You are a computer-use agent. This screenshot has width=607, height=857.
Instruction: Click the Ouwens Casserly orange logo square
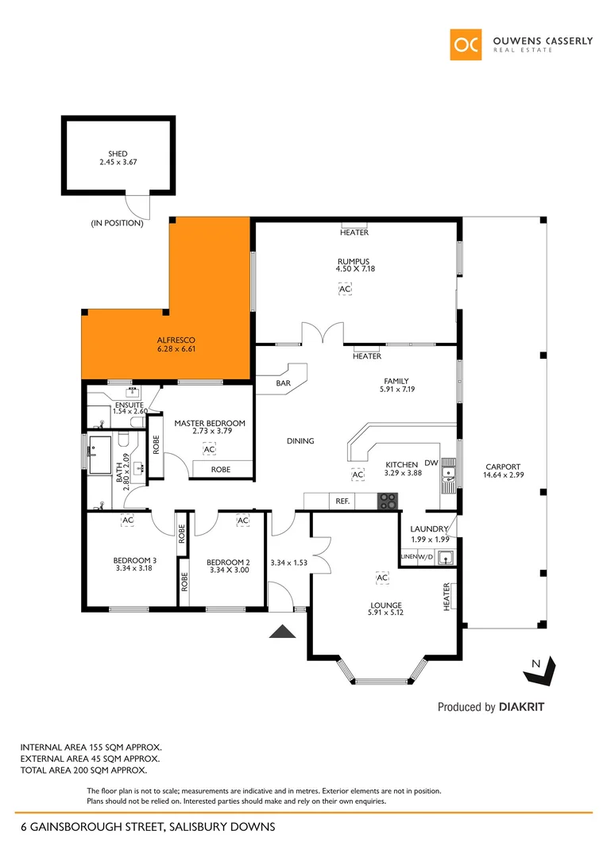(x=466, y=44)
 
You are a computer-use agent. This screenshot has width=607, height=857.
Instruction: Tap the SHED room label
(x=118, y=154)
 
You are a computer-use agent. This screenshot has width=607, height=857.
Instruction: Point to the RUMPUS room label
(x=354, y=261)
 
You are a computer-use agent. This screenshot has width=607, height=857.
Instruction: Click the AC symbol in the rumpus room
(x=345, y=290)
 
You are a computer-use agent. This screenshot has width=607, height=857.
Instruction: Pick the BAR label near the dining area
(x=284, y=383)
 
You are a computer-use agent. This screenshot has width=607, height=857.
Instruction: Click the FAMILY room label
(x=396, y=381)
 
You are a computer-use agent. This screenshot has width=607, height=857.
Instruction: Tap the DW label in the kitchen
(x=432, y=463)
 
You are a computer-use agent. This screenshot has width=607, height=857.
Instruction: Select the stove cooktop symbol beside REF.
(x=387, y=501)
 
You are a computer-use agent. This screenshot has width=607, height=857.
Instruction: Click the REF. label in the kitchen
(x=343, y=501)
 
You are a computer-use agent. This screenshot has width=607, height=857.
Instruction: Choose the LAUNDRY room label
(x=429, y=529)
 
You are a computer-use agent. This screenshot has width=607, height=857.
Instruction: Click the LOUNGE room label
(x=385, y=605)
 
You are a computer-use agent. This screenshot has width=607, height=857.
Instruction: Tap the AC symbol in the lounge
(x=382, y=578)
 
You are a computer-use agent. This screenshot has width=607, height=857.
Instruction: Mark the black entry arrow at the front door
(x=283, y=631)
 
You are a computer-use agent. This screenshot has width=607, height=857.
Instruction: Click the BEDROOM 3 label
(x=134, y=560)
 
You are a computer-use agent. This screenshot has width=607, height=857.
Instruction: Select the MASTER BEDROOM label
(x=210, y=423)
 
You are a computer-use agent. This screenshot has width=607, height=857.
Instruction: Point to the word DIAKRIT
(x=521, y=706)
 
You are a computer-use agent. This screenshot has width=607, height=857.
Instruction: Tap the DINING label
(x=300, y=441)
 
